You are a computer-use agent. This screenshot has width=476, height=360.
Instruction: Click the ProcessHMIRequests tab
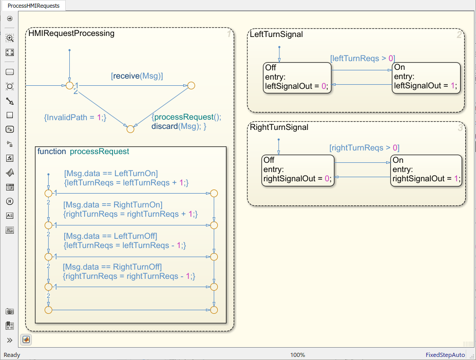pyautogui.click(x=33, y=6)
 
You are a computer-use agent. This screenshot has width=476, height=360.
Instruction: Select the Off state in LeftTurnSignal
pyautogui.click(x=297, y=78)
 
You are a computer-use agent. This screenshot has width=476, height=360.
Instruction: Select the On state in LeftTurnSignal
pyautogui.click(x=426, y=78)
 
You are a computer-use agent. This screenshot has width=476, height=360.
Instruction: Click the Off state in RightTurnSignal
pyautogui.click(x=298, y=170)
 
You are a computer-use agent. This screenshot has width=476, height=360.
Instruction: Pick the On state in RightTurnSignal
pyautogui.click(x=426, y=170)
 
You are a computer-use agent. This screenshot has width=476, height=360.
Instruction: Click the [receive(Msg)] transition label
pyautogui.click(x=137, y=76)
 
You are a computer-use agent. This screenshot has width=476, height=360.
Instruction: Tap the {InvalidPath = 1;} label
pyautogui.click(x=75, y=118)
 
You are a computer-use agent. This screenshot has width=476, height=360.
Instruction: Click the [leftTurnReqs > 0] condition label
pyautogui.click(x=363, y=58)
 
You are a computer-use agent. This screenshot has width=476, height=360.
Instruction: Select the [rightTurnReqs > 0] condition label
pyautogui.click(x=364, y=148)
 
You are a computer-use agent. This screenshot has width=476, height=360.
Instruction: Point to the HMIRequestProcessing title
pyautogui.click(x=71, y=33)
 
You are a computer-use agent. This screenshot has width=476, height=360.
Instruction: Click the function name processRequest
pyautogui.click(x=99, y=151)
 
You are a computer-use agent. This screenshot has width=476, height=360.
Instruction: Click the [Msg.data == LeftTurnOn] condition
pyautogui.click(x=111, y=173)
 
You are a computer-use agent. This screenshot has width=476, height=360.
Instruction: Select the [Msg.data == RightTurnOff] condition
pyautogui.click(x=112, y=267)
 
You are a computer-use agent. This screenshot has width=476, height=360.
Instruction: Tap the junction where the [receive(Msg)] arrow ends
pyautogui.click(x=191, y=86)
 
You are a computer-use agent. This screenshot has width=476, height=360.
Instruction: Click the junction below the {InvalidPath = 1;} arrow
pyautogui.click(x=130, y=129)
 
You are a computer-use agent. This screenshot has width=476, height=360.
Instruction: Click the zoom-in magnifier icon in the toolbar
pyautogui.click(x=10, y=38)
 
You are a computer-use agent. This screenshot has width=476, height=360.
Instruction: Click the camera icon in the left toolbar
pyautogui.click(x=10, y=311)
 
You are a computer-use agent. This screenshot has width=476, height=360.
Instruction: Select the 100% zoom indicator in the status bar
pyautogui.click(x=297, y=355)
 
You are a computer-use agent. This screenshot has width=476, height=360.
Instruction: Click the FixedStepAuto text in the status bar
pyautogui.click(x=445, y=355)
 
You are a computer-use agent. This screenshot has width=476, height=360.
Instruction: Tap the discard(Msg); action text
pyautogui.click(x=179, y=126)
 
